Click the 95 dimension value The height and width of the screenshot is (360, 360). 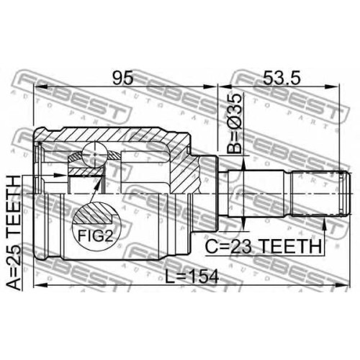coord(123,78)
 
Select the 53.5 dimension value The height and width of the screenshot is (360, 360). coord(282,78)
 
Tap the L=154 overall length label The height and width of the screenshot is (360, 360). coord(192,276)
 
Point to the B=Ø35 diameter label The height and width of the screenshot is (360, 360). coord(234,123)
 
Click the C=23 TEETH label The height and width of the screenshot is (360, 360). coord(264,246)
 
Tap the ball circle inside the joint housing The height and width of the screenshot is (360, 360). coord(94,155)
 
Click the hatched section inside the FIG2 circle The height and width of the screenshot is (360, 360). coord(94,213)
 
